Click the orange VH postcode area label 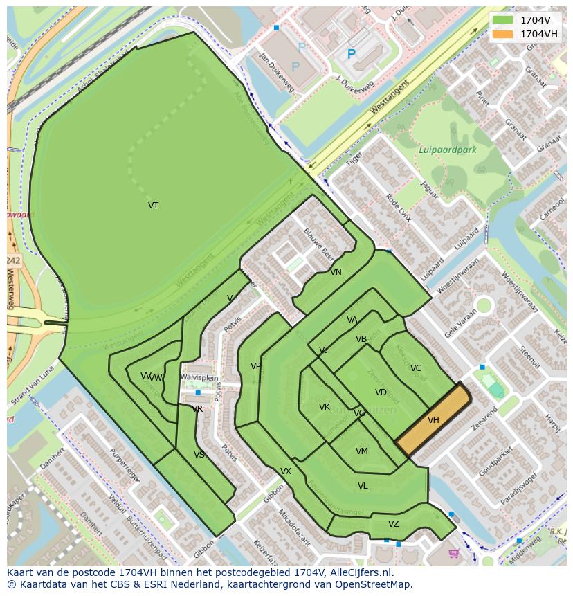(433, 420)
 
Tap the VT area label (153, 206)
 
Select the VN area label (336, 272)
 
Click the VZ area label (394, 524)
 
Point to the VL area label (363, 486)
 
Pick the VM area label (362, 451)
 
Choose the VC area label (415, 368)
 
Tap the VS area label (199, 455)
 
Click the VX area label (286, 471)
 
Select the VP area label (256, 366)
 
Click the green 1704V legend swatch (503, 19)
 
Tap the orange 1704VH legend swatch (503, 34)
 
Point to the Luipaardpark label (447, 150)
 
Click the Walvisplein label (199, 377)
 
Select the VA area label (352, 320)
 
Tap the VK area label (325, 407)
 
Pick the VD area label (381, 392)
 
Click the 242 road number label (12, 260)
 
